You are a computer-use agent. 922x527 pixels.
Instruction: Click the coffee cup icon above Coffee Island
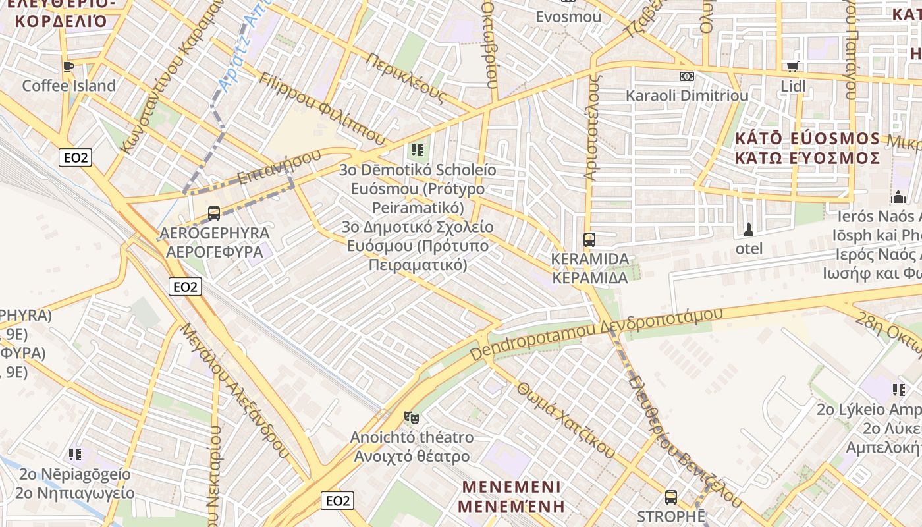pyautogui.click(x=68, y=66)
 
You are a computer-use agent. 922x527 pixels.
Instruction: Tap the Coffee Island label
pyautogui.click(x=68, y=86)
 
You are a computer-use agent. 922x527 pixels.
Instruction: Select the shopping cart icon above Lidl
pyautogui.click(x=792, y=67)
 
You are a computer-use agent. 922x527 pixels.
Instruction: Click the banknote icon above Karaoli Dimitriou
pyautogui.click(x=687, y=76)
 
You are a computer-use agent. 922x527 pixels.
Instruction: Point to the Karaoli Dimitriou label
pyautogui.click(x=687, y=96)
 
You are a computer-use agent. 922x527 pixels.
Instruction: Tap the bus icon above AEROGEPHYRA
pyautogui.click(x=214, y=213)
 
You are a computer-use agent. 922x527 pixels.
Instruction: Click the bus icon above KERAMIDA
pyautogui.click(x=589, y=239)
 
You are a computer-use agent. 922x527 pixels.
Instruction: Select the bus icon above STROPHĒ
pyautogui.click(x=671, y=497)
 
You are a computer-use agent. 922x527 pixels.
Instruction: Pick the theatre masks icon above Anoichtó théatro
pyautogui.click(x=412, y=417)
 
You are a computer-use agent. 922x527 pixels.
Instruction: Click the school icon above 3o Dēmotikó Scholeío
pyautogui.click(x=418, y=150)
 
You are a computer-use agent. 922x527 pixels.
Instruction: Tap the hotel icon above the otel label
pyautogui.click(x=748, y=229)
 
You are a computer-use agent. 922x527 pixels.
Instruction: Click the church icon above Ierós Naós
pyautogui.click(x=898, y=196)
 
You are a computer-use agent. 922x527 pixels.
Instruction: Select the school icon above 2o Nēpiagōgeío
pyautogui.click(x=75, y=454)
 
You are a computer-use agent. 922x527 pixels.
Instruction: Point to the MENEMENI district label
pyautogui.click(x=512, y=487)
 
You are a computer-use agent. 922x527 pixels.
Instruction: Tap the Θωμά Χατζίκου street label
pyautogui.click(x=566, y=420)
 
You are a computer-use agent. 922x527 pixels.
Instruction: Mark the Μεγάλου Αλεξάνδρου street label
pyautogui.click(x=235, y=390)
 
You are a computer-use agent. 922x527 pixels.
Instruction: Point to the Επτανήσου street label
pyautogui.click(x=279, y=167)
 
